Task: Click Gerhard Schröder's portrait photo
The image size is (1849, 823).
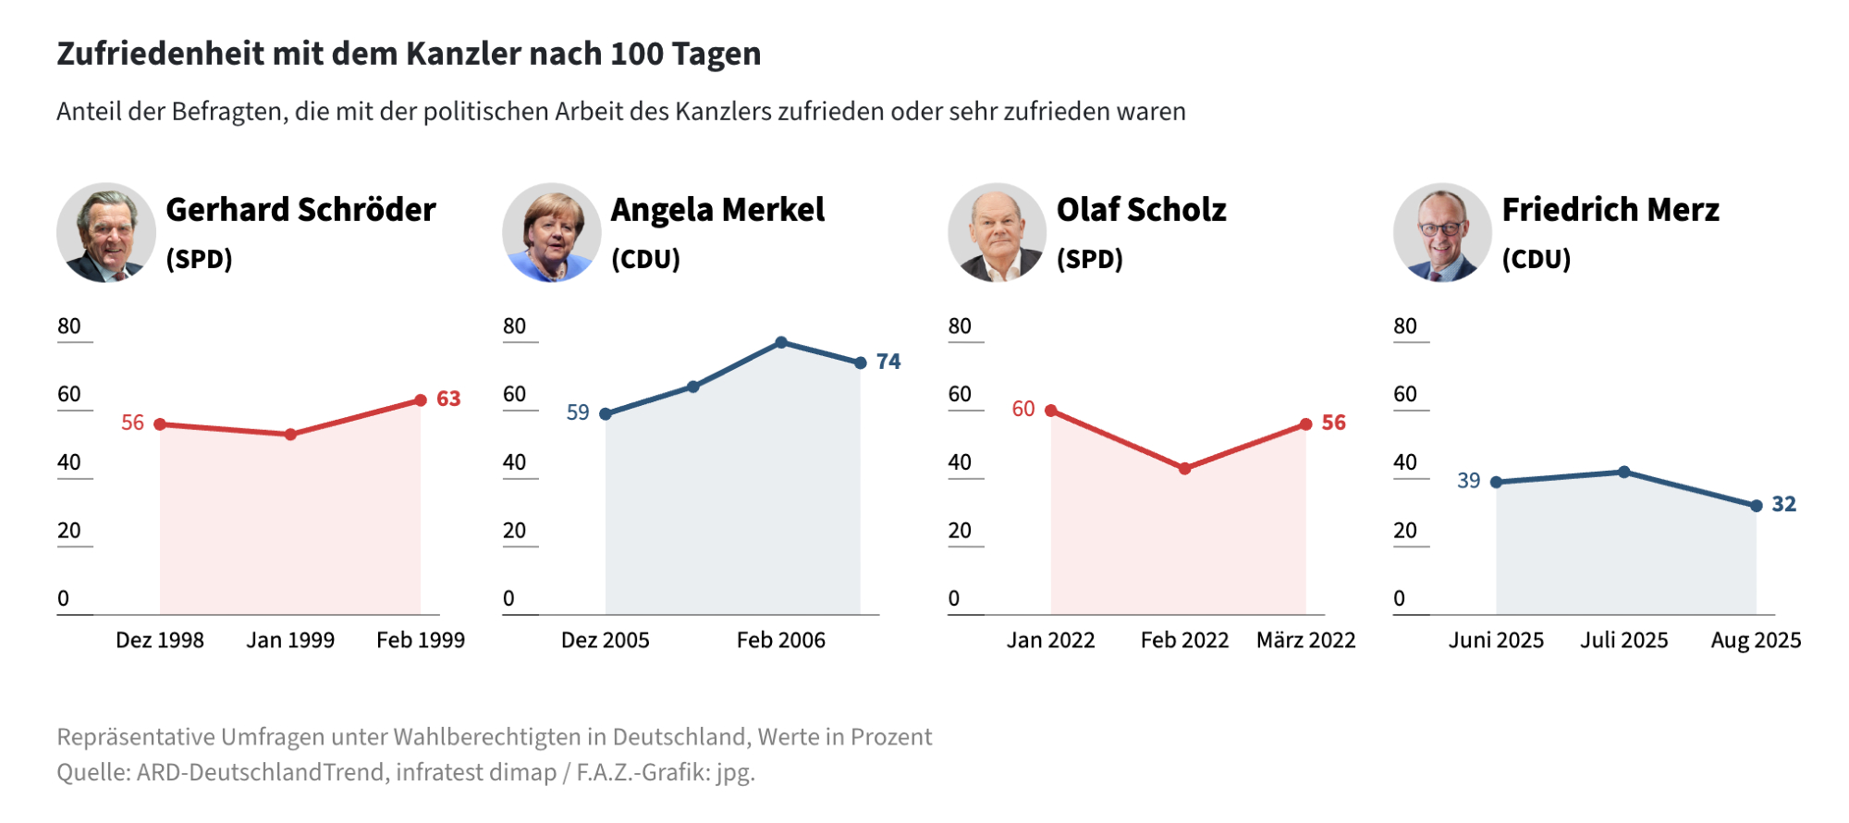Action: click(106, 233)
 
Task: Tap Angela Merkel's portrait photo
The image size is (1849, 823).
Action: click(552, 233)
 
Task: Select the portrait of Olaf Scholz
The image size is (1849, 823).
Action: click(998, 233)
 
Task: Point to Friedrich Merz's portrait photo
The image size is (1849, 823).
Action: click(1442, 233)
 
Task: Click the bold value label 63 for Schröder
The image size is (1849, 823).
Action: click(448, 399)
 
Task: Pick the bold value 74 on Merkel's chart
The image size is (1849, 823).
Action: click(888, 362)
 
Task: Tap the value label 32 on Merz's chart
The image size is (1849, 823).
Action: click(1783, 504)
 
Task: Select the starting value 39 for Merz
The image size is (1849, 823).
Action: click(1468, 481)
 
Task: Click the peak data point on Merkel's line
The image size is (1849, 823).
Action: click(781, 342)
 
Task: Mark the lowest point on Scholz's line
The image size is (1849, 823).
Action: click(1184, 469)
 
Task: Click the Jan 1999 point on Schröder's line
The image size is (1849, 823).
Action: click(290, 435)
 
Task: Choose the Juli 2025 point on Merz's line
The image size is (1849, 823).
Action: click(1624, 472)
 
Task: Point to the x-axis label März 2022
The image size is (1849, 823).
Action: click(1305, 640)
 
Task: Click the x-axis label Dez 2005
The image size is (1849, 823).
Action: click(606, 640)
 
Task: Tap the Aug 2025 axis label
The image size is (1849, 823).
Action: click(1756, 640)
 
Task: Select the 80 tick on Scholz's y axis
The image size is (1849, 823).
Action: click(960, 326)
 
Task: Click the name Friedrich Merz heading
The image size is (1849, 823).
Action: click(1610, 210)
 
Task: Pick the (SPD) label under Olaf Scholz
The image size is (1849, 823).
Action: click(1090, 259)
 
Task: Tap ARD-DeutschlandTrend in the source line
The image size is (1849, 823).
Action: click(263, 772)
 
